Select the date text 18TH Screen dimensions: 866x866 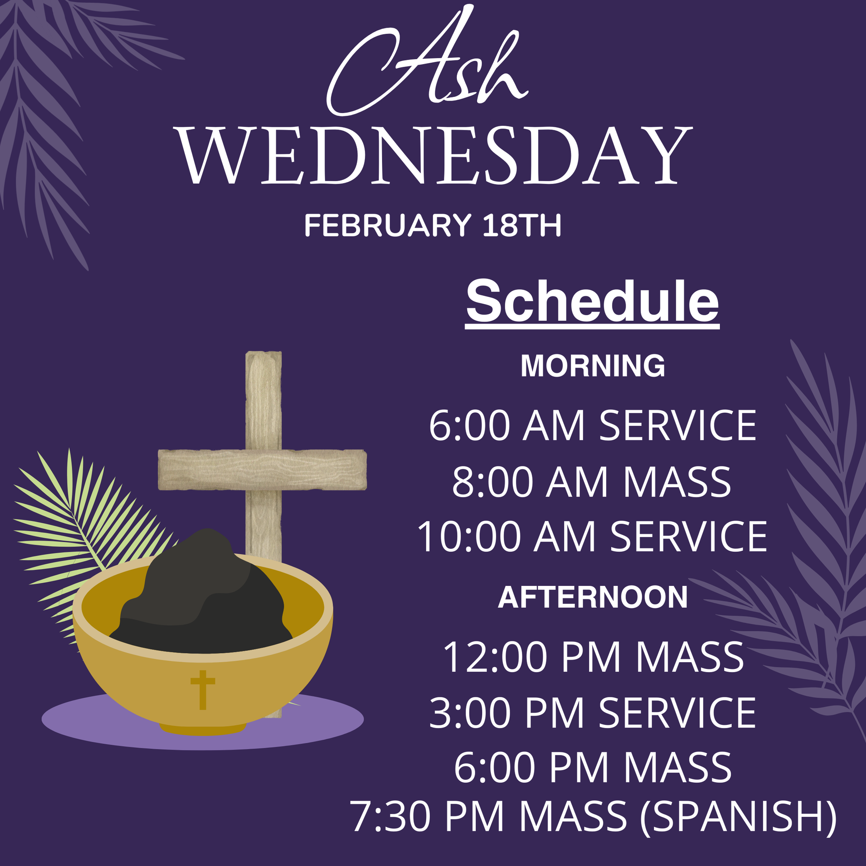pyautogui.click(x=522, y=225)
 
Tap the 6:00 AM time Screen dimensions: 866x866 pyautogui.click(x=507, y=425)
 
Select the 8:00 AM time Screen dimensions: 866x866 pyautogui.click(x=530, y=482)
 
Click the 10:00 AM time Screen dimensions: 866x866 pyautogui.click(x=507, y=536)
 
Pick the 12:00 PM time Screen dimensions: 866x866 pyautogui.click(x=532, y=657)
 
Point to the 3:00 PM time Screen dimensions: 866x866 pyautogui.click(x=507, y=713)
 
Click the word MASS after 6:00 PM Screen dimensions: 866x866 pyautogui.click(x=677, y=767)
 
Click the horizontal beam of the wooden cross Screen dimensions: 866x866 pyautogui.click(x=262, y=470)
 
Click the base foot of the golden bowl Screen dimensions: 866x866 pyautogui.click(x=203, y=727)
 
